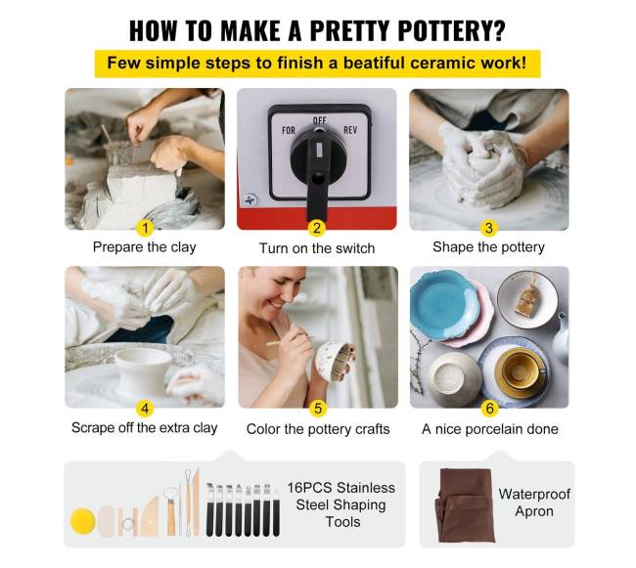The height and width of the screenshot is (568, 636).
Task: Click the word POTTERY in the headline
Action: point(451,30)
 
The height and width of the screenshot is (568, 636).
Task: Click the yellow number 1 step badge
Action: point(145,228)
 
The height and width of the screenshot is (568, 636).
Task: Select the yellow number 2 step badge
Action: point(317,228)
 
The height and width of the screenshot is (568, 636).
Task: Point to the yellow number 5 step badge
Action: point(318,409)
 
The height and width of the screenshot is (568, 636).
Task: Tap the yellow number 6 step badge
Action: point(489,409)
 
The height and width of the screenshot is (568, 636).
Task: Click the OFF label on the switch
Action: point(320,120)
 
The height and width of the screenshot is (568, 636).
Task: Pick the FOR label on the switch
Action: point(289,130)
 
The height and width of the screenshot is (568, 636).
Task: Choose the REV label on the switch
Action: point(350,130)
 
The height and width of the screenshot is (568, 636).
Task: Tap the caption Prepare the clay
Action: point(145,247)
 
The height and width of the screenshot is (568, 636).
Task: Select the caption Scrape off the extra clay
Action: point(145,428)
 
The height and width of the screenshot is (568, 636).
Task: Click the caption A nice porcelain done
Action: point(490,429)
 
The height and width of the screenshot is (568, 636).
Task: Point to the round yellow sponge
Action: point(83,521)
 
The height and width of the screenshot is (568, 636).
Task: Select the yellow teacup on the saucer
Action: point(519,368)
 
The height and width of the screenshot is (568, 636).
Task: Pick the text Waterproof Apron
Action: point(534,502)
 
